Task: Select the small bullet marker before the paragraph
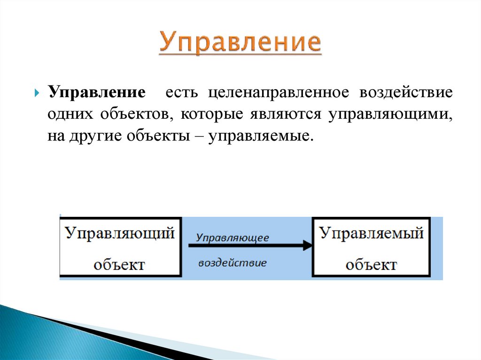pyautogui.click(x=37, y=92)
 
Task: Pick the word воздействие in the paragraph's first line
pyautogui.click(x=406, y=92)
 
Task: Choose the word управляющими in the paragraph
pyautogui.click(x=390, y=115)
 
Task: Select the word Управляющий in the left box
pyautogui.click(x=120, y=233)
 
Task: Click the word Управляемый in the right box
pyautogui.click(x=371, y=233)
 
